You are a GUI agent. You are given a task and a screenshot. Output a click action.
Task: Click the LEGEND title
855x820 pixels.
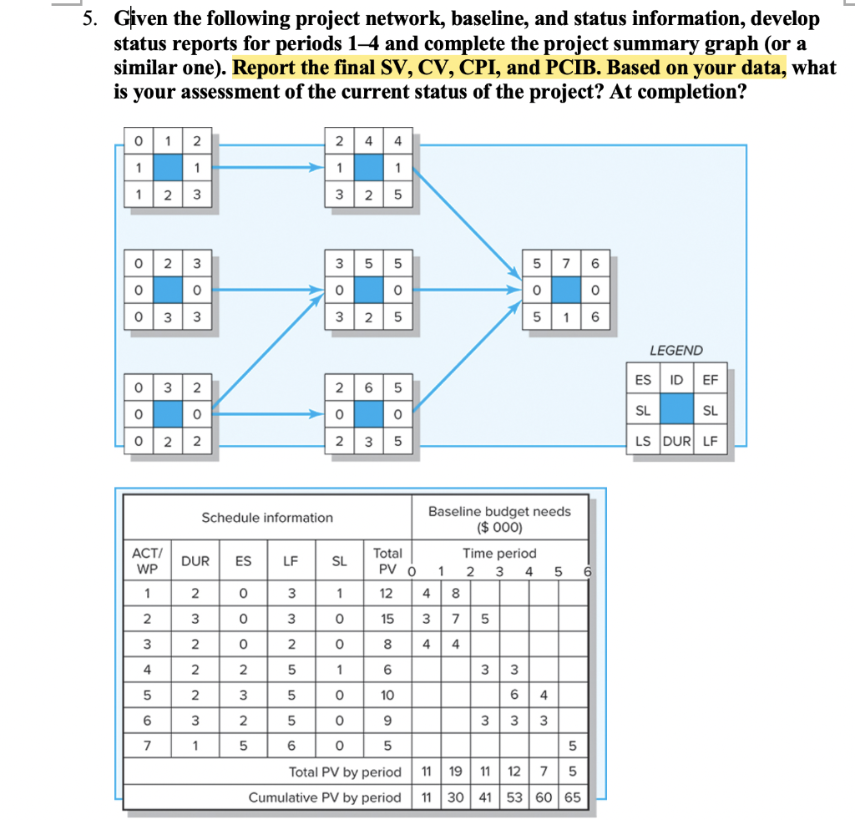click(676, 351)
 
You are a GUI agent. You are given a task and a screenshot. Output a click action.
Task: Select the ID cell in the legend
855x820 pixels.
click(676, 380)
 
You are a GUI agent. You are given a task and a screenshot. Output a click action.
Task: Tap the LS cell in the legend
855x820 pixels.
click(641, 441)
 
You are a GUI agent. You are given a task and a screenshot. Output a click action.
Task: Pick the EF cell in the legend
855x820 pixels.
click(711, 380)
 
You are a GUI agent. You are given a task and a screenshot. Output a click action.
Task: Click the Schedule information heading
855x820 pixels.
click(266, 518)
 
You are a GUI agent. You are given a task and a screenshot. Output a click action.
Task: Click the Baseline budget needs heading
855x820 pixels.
click(499, 518)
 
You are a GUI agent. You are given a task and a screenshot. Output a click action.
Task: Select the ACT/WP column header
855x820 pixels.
click(147, 560)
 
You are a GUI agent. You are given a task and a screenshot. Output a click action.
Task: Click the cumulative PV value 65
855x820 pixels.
click(572, 797)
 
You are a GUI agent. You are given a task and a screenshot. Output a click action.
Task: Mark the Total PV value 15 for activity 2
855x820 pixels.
click(387, 619)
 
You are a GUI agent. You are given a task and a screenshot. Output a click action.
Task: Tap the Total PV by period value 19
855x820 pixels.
click(456, 772)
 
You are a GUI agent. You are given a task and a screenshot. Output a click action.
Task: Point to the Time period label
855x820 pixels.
click(499, 553)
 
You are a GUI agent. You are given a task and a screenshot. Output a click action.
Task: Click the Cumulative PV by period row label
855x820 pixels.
click(325, 797)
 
